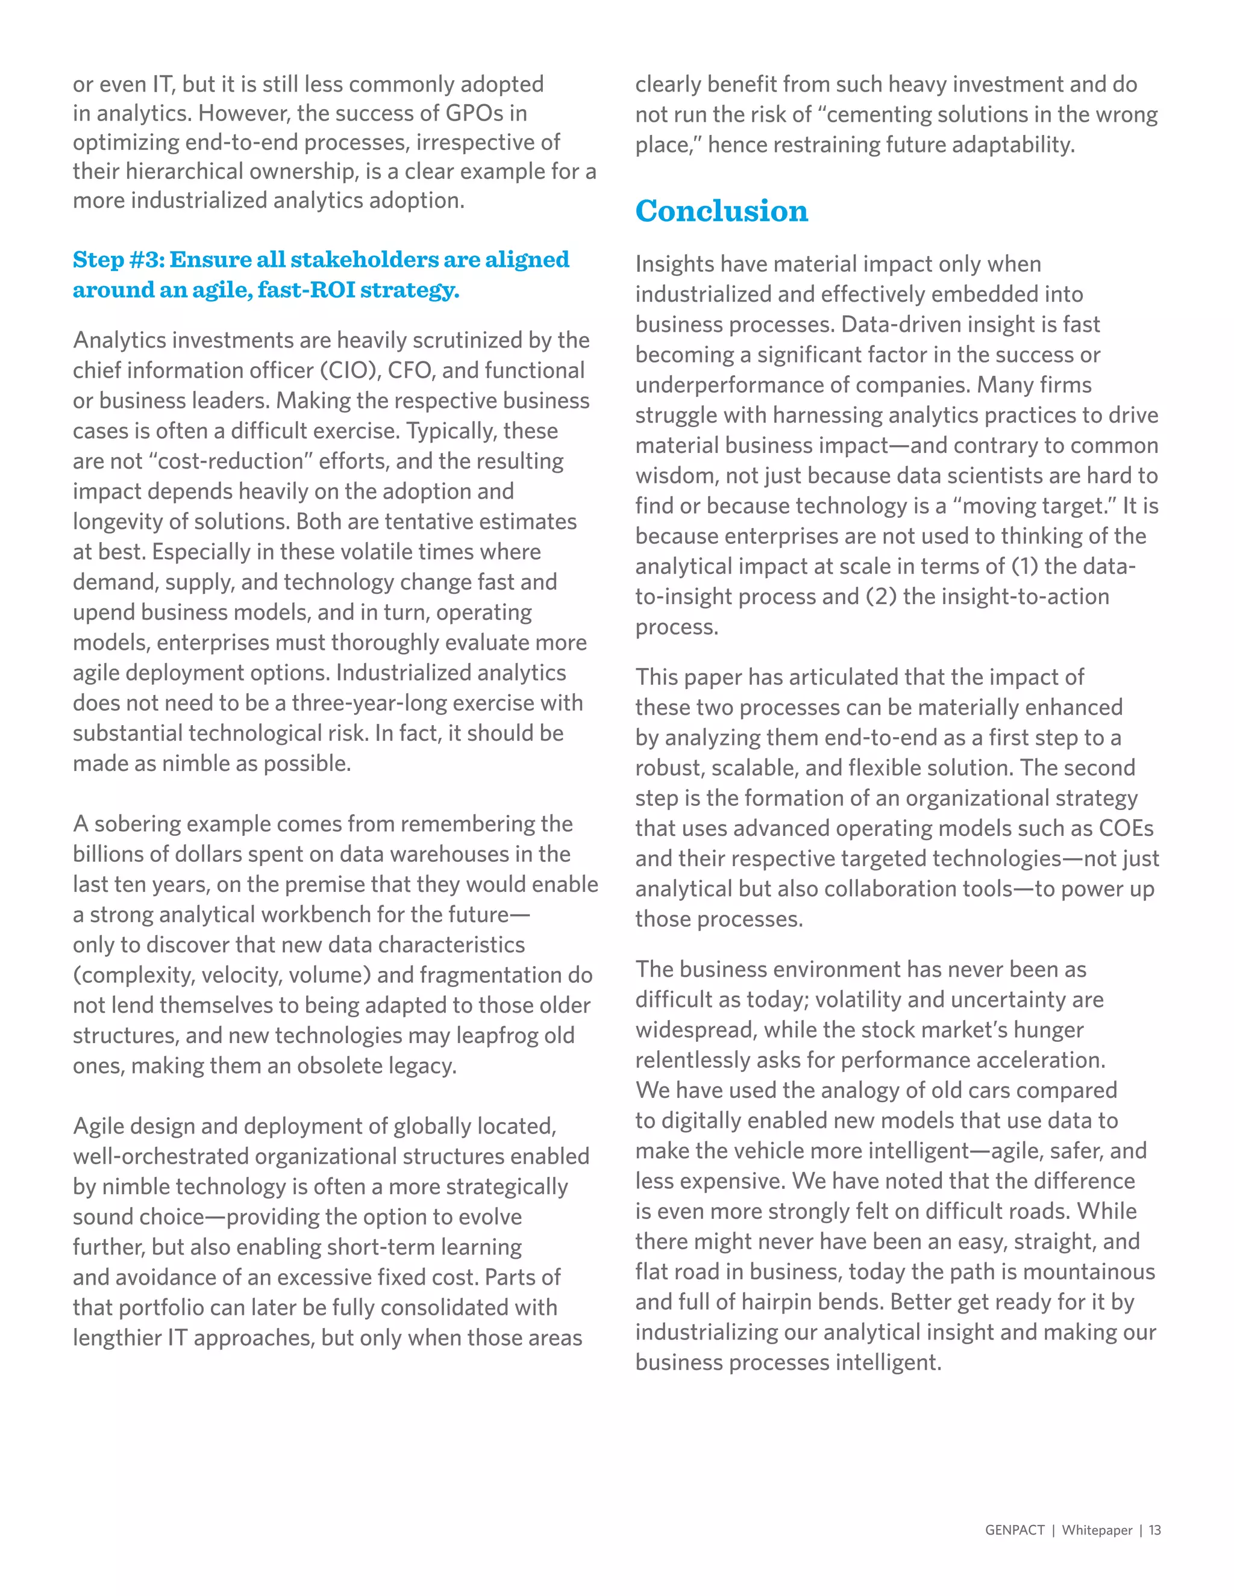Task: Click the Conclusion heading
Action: (721, 211)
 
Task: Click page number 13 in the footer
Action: (1154, 1530)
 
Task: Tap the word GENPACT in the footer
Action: (1014, 1530)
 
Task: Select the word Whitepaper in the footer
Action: (1097, 1530)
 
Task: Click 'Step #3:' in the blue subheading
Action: (119, 260)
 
